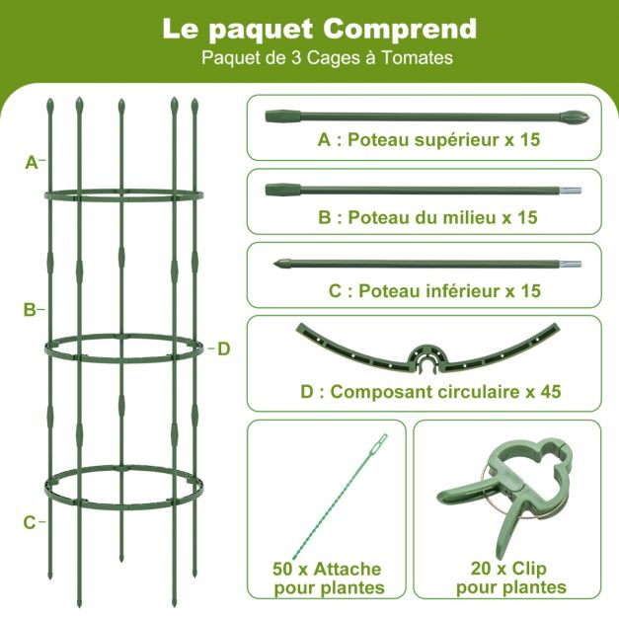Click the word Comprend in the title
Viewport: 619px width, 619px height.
(x=400, y=30)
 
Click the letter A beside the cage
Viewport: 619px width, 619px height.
(x=32, y=162)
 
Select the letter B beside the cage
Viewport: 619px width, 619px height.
(x=30, y=310)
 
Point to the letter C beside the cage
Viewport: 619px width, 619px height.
(x=30, y=522)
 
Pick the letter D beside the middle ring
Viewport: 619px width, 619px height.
(x=223, y=348)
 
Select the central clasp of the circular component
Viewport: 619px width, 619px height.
(x=427, y=359)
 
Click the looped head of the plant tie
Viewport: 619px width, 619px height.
(x=382, y=440)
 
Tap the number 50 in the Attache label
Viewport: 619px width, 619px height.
(x=283, y=570)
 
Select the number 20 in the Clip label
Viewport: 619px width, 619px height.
(x=481, y=570)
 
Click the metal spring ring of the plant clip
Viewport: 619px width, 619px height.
(x=489, y=490)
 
